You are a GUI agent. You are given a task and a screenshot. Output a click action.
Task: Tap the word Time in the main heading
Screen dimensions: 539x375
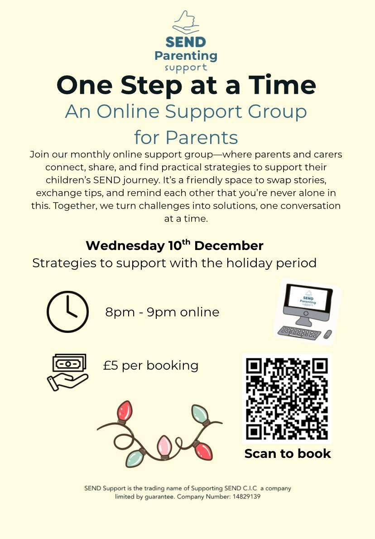[282, 85]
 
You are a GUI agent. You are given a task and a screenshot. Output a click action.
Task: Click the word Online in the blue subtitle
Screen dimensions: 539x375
[130, 111]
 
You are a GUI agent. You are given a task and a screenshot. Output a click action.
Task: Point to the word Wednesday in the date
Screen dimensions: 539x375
[125, 246]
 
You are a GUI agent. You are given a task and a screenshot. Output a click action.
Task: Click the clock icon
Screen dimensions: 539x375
[68, 312]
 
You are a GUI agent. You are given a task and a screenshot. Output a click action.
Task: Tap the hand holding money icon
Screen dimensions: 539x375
[67, 371]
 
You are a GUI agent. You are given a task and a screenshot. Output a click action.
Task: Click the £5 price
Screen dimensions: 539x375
[111, 365]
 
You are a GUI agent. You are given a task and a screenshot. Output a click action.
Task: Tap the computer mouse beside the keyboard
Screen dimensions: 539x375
[327, 335]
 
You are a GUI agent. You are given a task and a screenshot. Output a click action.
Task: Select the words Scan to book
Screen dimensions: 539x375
[288, 453]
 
